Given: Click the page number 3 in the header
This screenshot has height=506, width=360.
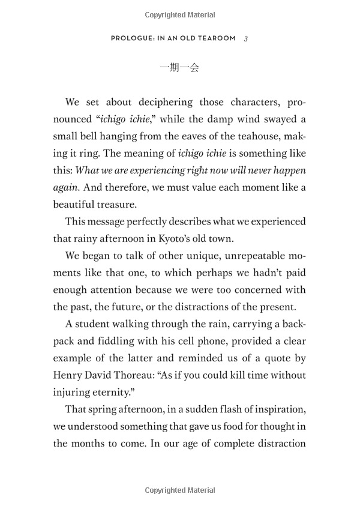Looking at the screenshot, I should (x=247, y=38).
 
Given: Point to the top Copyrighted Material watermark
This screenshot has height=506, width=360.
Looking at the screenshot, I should (x=179, y=15).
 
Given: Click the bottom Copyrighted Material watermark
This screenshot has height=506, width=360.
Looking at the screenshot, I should (x=179, y=491).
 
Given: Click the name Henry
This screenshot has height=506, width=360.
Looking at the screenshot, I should (x=69, y=376).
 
